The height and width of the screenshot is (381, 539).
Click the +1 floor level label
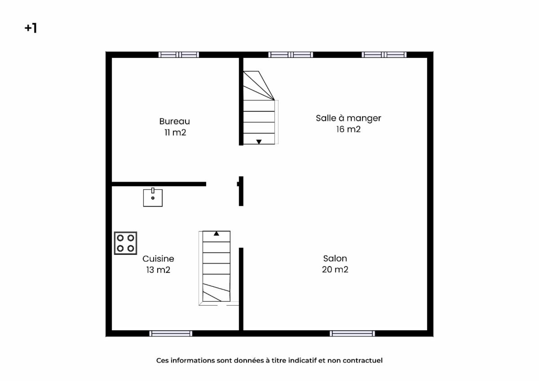point(31,28)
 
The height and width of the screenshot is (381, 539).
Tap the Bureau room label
point(174,121)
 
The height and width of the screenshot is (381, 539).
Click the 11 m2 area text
point(175,132)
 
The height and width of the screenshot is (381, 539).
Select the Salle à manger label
point(349,118)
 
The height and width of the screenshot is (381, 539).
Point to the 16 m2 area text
point(349,129)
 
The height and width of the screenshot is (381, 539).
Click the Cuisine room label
point(158,258)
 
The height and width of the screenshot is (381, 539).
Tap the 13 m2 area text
point(158,270)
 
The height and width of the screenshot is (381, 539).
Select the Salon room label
point(335,258)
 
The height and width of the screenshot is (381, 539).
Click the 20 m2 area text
point(335,269)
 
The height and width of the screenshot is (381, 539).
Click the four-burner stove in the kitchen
point(125,243)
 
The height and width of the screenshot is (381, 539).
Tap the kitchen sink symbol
point(153,197)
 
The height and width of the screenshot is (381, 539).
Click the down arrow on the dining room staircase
point(259,141)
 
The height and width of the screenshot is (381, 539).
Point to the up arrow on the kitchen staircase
point(216,233)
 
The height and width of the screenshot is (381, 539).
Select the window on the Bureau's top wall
point(179,55)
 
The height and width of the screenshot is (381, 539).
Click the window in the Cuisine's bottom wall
point(171,333)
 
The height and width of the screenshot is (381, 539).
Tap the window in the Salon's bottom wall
point(352,333)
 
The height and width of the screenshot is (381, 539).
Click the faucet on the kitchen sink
point(153,191)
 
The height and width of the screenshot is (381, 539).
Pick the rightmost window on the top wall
point(384,55)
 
